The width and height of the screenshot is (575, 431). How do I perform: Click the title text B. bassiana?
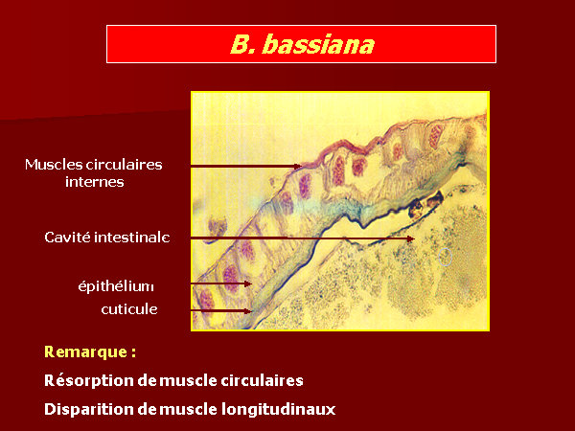302,44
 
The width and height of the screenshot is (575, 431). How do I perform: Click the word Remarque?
86,352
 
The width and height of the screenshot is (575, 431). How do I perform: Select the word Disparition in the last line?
89,409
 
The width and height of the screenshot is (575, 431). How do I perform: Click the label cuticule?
129,309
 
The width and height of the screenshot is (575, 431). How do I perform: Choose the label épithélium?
116,285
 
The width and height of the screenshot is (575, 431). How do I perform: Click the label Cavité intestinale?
107,238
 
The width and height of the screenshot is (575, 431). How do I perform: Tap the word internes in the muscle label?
95,182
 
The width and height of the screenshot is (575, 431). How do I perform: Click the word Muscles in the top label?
54,165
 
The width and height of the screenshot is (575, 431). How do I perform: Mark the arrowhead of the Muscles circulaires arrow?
298,166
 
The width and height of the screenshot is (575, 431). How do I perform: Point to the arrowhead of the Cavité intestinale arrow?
411,238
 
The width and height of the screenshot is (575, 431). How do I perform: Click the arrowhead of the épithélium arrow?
248,284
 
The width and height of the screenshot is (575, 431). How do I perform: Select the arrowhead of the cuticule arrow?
248,311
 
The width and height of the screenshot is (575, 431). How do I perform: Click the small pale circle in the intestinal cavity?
446,256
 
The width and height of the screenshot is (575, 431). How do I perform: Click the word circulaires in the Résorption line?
262,381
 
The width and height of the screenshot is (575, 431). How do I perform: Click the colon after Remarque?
133,352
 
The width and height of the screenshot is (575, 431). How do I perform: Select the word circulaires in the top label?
124,165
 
